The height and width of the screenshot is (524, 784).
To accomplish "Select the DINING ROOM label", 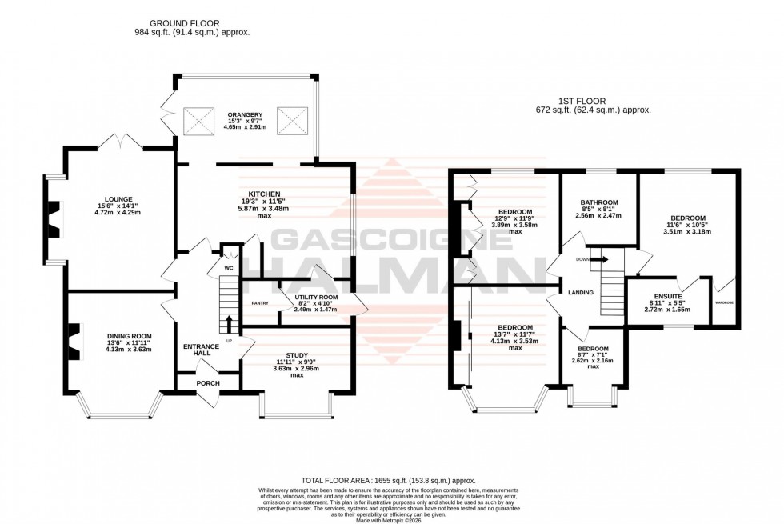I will (130, 336).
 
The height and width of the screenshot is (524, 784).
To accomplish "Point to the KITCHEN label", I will (263, 194).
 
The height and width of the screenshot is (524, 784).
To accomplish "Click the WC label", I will (228, 268).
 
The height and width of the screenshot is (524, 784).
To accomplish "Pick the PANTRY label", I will (259, 303).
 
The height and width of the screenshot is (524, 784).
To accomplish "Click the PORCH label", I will (207, 383).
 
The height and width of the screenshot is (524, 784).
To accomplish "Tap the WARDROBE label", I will (725, 303).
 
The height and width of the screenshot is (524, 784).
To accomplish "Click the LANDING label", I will (580, 293).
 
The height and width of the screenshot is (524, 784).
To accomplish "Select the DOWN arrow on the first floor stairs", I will (597, 259).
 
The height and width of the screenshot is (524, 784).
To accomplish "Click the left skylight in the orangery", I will (197, 121).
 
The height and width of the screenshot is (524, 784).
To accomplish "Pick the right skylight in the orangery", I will (290, 121).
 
